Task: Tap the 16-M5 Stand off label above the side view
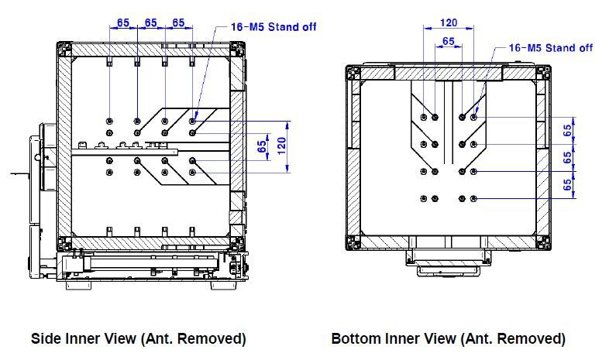tap(274, 27)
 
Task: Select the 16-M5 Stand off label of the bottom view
tap(551, 48)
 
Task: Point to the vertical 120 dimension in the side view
tap(282, 146)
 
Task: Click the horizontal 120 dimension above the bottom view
tap(448, 22)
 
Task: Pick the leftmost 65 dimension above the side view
tap(122, 22)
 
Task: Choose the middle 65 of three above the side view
tap(150, 22)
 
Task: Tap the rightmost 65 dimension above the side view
tap(178, 22)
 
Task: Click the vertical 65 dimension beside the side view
tap(262, 146)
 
